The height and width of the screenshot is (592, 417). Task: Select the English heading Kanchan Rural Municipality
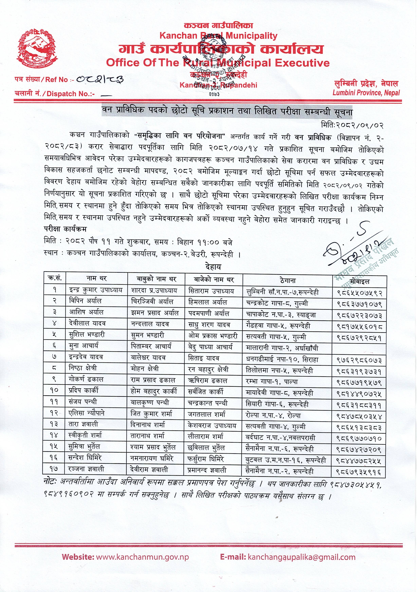pyautogui.click(x=218, y=36)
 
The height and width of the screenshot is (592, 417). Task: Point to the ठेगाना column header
pyautogui.click(x=288, y=280)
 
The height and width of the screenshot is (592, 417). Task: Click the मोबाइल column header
pyautogui.click(x=360, y=281)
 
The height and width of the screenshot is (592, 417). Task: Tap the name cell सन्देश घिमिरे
pyautogui.click(x=85, y=458)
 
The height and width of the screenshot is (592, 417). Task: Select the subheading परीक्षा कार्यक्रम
pyautogui.click(x=65, y=229)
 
